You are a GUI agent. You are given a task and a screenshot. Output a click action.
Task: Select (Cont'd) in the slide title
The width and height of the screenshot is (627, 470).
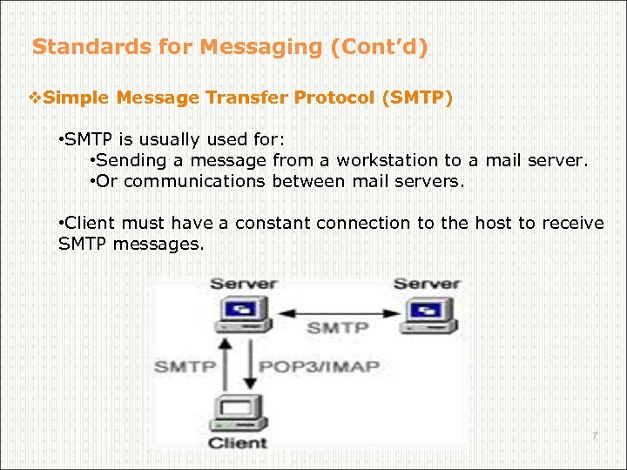(379, 47)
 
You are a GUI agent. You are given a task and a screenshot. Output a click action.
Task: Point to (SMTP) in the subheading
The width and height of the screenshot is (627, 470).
(417, 98)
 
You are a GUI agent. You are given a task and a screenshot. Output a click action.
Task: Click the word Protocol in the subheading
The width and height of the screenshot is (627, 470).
(334, 98)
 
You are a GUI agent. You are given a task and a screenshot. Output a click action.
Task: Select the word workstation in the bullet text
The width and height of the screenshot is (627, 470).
(388, 161)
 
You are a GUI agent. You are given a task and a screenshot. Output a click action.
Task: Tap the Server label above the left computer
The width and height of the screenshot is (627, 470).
(244, 285)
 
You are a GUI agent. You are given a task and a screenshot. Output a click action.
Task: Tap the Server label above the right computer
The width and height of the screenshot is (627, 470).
(427, 285)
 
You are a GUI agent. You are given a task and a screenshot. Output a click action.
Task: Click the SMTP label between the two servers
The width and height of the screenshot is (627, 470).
(337, 329)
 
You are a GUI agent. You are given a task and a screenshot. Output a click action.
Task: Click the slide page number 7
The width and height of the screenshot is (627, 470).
(595, 435)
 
